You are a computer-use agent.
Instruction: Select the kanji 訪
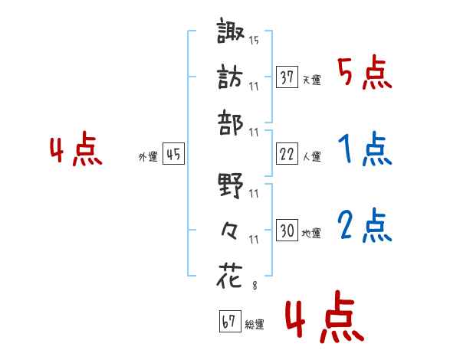pos(232,78)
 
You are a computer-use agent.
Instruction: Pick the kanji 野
pos(232,186)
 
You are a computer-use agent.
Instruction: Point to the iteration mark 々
pos(232,231)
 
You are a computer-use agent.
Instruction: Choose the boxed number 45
pos(174,155)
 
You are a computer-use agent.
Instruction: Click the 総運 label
pos(255,325)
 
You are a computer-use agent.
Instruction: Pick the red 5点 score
pos(364,74)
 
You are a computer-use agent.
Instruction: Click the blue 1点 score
pos(364,151)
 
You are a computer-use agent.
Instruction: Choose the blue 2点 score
pos(364,227)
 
